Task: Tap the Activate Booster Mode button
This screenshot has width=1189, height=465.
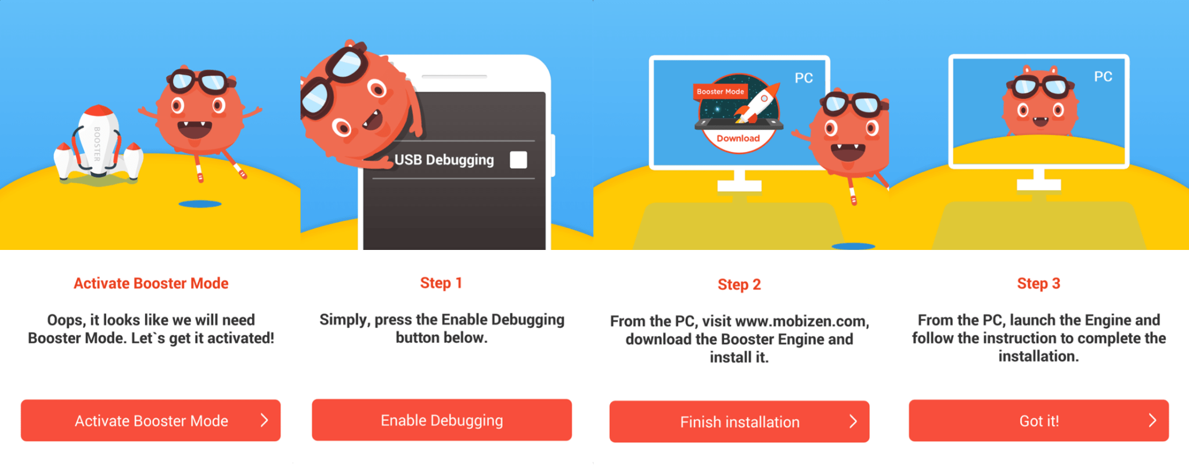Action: click(151, 420)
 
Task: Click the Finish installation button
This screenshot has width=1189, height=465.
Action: click(739, 421)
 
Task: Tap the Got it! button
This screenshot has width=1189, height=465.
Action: click(1039, 420)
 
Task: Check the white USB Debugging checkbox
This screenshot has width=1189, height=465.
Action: click(518, 160)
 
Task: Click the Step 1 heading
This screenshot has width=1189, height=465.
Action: click(441, 283)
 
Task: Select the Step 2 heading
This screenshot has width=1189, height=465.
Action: click(739, 284)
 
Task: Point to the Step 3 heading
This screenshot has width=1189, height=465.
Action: click(1039, 284)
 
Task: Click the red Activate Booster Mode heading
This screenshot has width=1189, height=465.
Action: click(151, 283)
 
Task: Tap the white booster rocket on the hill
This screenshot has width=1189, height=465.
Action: click(99, 144)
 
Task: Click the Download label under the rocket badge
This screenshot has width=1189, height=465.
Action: click(738, 138)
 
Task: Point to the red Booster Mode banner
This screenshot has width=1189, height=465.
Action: click(720, 91)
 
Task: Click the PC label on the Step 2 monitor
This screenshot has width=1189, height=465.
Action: click(804, 78)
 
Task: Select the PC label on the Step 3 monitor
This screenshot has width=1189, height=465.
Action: click(1103, 77)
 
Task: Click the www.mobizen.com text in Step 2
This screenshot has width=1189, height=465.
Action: click(802, 321)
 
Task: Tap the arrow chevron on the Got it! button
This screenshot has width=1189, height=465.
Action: click(1152, 420)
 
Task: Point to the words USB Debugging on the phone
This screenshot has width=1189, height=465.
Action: click(444, 160)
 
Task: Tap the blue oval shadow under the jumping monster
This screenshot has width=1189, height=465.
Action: click(200, 204)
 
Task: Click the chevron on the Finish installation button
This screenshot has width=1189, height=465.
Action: click(853, 421)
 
